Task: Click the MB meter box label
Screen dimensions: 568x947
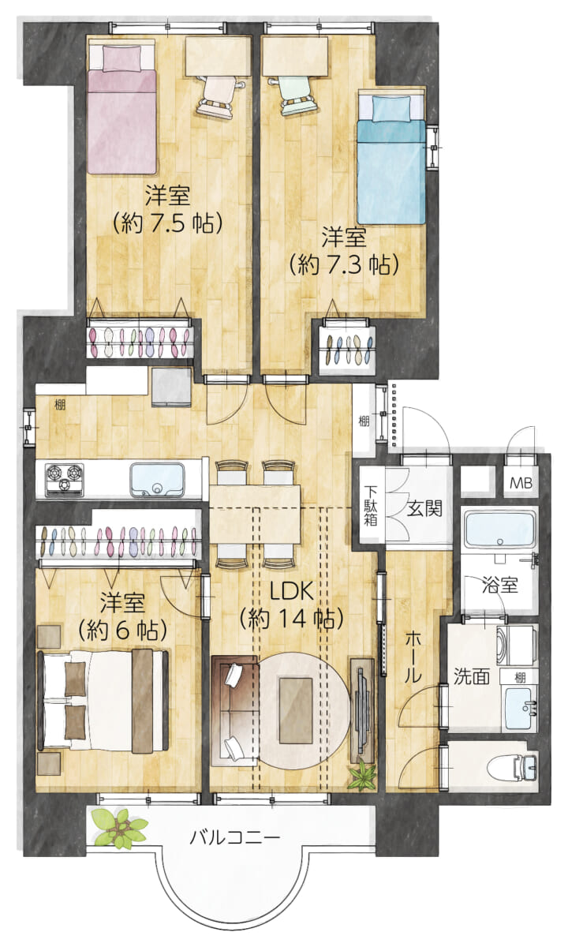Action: pyautogui.click(x=521, y=483)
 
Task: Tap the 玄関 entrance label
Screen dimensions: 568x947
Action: pyautogui.click(x=424, y=507)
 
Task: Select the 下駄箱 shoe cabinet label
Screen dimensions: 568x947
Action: pyautogui.click(x=371, y=506)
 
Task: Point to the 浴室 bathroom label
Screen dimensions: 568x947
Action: pyautogui.click(x=500, y=586)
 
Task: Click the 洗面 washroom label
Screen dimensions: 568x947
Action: pyautogui.click(x=472, y=676)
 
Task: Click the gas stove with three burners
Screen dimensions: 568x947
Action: pyautogui.click(x=64, y=480)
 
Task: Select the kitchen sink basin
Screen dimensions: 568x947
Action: pyautogui.click(x=157, y=481)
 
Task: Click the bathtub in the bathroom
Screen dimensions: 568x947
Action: pyautogui.click(x=500, y=529)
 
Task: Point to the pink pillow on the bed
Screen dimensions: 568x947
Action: pyautogui.click(x=121, y=58)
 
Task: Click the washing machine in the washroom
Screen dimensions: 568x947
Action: pyautogui.click(x=516, y=646)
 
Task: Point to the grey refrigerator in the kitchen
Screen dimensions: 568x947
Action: pyautogui.click(x=172, y=387)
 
